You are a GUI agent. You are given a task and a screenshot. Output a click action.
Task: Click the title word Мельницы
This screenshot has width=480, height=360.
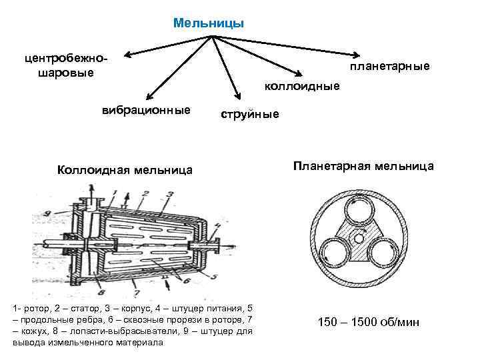click(209, 23)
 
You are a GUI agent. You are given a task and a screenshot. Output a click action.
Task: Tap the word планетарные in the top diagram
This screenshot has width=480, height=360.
click(391, 67)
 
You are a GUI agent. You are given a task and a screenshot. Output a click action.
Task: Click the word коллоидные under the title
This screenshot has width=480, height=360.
click(302, 86)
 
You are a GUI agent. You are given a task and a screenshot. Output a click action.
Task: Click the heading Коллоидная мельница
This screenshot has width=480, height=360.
click(125, 171)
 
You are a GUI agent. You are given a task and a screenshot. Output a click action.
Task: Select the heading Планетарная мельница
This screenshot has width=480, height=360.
click(363, 166)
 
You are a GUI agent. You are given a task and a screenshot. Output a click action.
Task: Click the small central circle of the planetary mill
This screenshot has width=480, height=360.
click(360, 238)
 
